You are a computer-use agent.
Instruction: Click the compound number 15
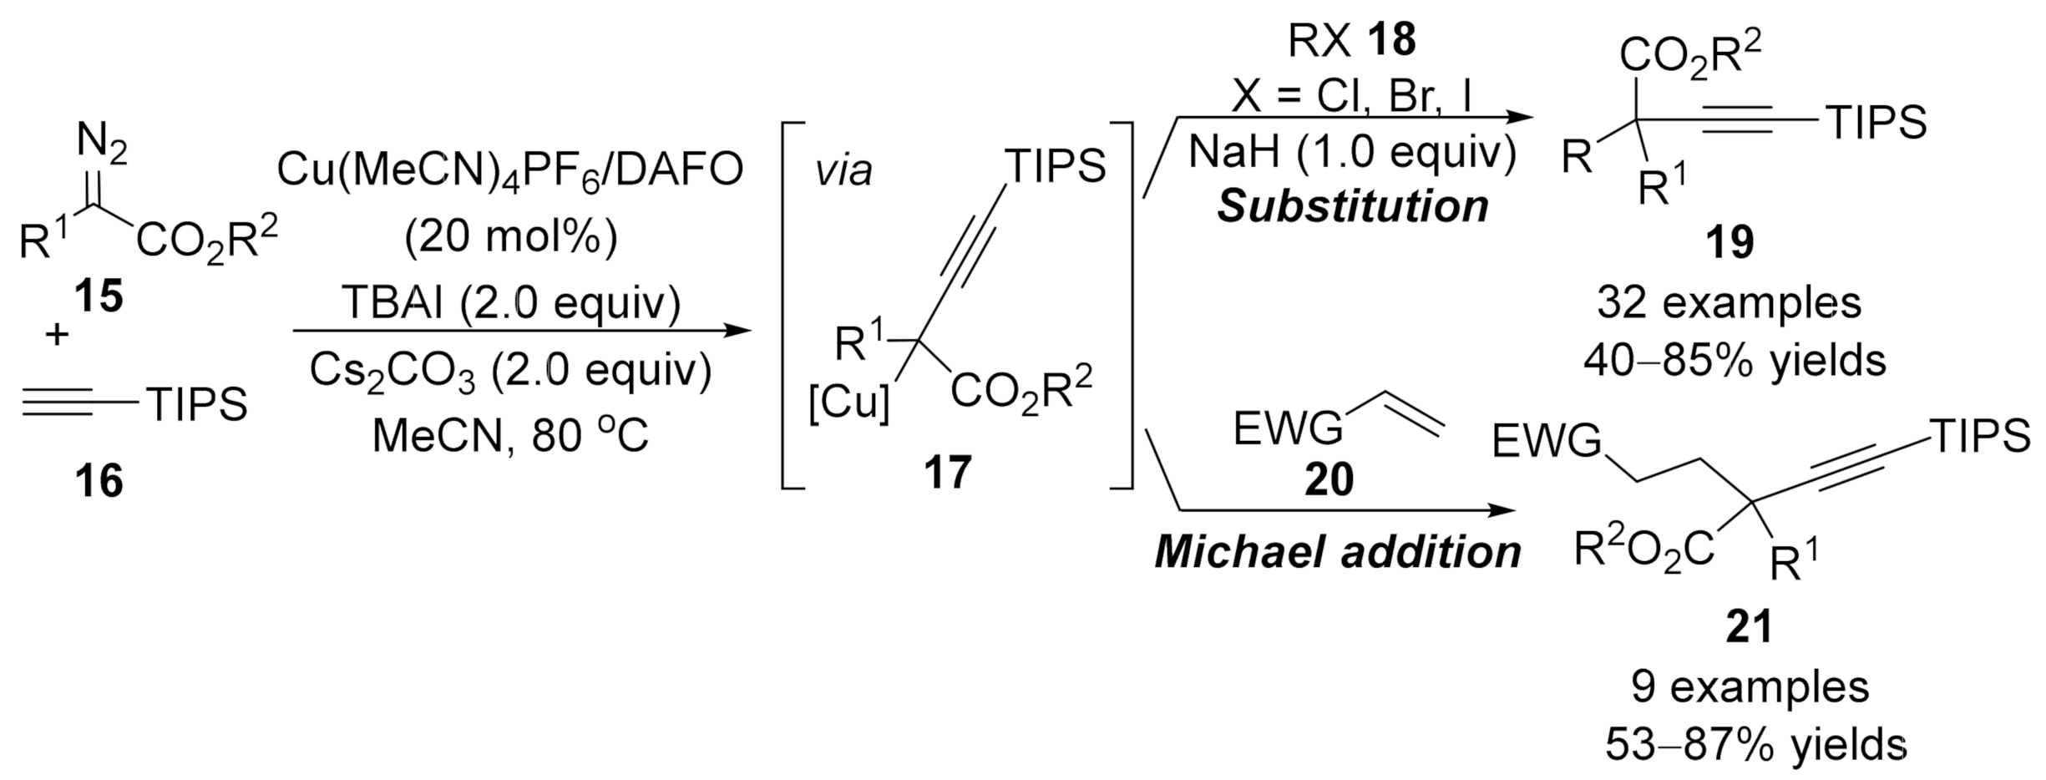click(99, 296)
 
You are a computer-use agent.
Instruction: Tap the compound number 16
click(99, 482)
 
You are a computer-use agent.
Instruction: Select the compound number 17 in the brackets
click(948, 473)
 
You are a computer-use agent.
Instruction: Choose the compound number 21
click(1749, 628)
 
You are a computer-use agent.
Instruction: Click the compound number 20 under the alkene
click(1329, 481)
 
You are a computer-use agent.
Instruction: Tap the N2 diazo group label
click(102, 143)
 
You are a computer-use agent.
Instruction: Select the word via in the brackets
click(844, 171)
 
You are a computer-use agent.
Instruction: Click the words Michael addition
click(1338, 552)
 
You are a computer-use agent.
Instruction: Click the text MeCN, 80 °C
click(510, 435)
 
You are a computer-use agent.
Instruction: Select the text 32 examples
click(1729, 303)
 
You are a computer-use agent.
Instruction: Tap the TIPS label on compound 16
click(197, 404)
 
